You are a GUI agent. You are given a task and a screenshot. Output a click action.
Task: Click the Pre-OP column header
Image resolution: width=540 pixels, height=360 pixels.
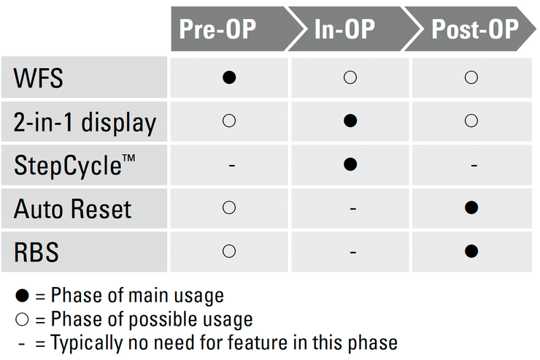(x=217, y=29)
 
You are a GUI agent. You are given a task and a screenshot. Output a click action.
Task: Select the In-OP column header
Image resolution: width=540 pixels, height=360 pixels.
(x=344, y=29)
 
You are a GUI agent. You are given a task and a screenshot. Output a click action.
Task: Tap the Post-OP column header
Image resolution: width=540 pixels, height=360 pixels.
(x=475, y=29)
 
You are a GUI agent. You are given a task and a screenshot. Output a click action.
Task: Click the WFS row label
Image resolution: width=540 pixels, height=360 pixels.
(x=38, y=78)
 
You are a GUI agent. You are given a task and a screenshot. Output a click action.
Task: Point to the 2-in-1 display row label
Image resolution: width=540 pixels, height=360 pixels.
(x=85, y=123)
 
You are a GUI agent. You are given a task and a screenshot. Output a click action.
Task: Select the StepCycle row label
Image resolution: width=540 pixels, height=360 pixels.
(x=74, y=165)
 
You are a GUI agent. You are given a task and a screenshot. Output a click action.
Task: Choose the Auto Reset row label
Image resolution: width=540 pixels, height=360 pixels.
(x=73, y=209)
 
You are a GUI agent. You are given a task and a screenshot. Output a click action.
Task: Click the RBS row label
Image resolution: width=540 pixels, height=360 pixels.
(x=36, y=252)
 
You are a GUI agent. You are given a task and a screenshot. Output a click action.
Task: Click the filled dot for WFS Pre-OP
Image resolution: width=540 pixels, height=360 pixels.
(x=229, y=77)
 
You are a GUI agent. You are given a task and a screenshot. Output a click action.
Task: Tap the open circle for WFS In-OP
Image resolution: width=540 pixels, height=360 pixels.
(x=350, y=77)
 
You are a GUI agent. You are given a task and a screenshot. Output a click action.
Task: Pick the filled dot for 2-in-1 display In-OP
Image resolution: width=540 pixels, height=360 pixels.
(x=350, y=120)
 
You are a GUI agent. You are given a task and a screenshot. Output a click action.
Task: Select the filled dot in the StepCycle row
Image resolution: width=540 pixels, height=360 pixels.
(x=350, y=164)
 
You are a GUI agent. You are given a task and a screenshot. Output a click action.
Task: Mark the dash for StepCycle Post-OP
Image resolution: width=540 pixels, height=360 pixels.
(x=474, y=166)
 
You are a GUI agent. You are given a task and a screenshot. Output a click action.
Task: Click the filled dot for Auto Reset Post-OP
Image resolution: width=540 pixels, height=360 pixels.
(x=471, y=207)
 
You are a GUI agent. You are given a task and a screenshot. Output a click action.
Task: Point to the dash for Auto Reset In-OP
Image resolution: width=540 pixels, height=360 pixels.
(x=353, y=209)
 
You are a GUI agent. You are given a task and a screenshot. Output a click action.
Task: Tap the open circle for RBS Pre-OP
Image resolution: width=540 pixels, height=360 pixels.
(x=229, y=250)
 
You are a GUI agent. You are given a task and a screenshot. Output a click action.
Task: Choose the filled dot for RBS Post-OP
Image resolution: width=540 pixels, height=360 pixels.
(x=471, y=250)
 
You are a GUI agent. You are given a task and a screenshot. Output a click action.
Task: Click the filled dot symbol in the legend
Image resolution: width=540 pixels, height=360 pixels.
(x=23, y=296)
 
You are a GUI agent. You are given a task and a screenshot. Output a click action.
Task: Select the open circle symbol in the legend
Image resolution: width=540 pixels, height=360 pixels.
(x=23, y=319)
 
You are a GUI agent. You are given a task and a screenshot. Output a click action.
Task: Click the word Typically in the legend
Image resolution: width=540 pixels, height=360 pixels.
(x=86, y=343)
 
